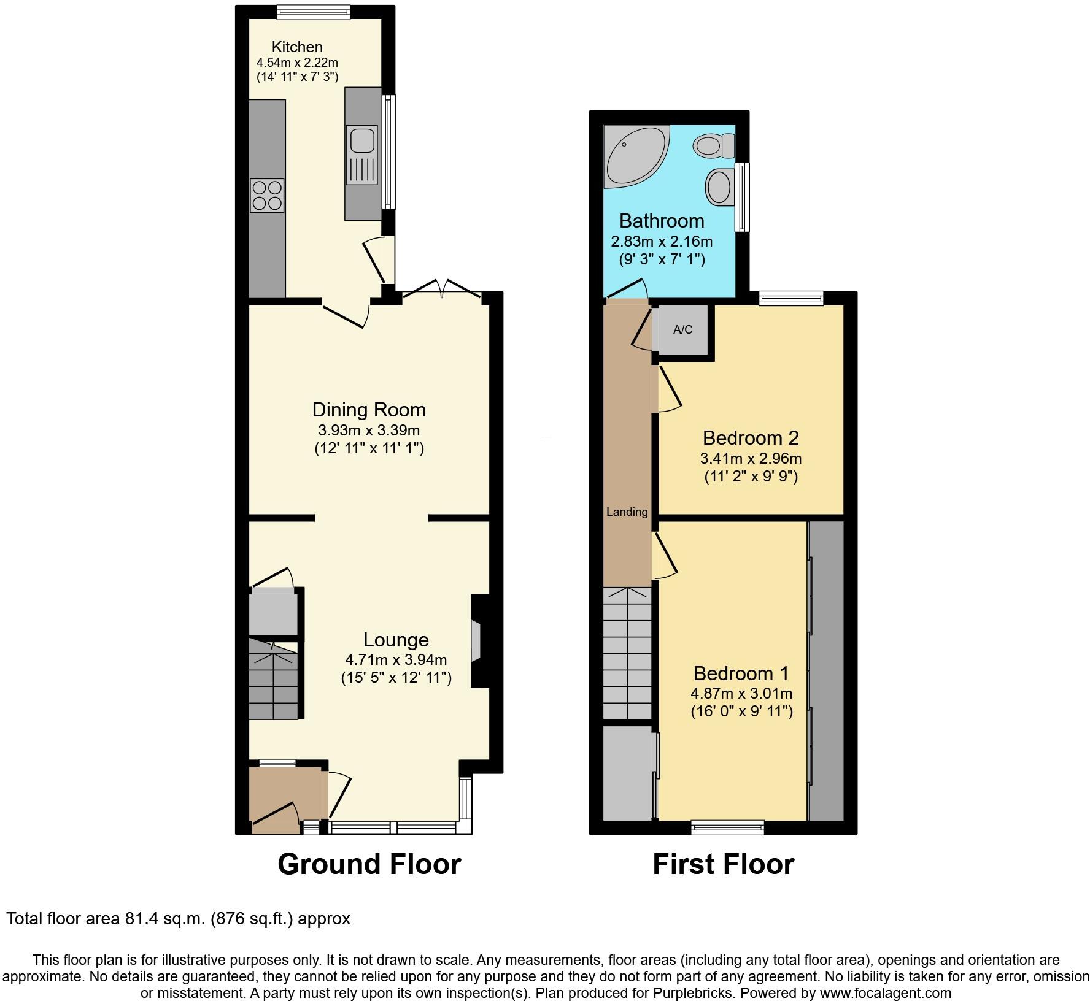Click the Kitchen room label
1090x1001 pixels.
tap(297, 47)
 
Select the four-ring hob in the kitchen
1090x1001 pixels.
tap(267, 195)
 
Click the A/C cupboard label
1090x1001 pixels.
tap(682, 330)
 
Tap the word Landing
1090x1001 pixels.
tap(627, 512)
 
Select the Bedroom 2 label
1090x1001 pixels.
tap(750, 438)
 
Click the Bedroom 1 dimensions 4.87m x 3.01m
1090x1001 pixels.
tap(741, 694)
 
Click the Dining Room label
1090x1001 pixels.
tap(369, 410)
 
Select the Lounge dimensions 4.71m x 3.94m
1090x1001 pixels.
tap(396, 660)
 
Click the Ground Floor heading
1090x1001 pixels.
tap(369, 864)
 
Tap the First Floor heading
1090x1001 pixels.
tap(723, 864)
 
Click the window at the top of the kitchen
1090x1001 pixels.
tap(313, 10)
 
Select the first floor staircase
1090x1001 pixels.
tap(627, 653)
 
